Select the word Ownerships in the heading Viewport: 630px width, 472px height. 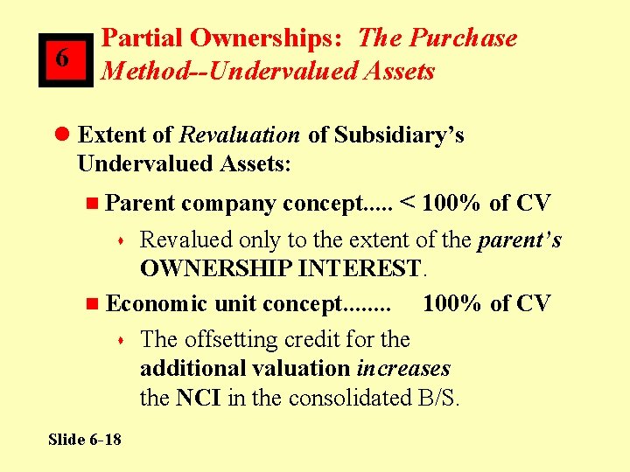point(266,38)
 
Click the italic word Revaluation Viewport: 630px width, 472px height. point(239,135)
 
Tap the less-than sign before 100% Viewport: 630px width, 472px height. point(408,204)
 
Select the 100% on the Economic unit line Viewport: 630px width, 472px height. point(451,303)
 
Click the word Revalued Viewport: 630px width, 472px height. point(185,239)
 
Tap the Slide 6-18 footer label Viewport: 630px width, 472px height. point(85,439)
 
